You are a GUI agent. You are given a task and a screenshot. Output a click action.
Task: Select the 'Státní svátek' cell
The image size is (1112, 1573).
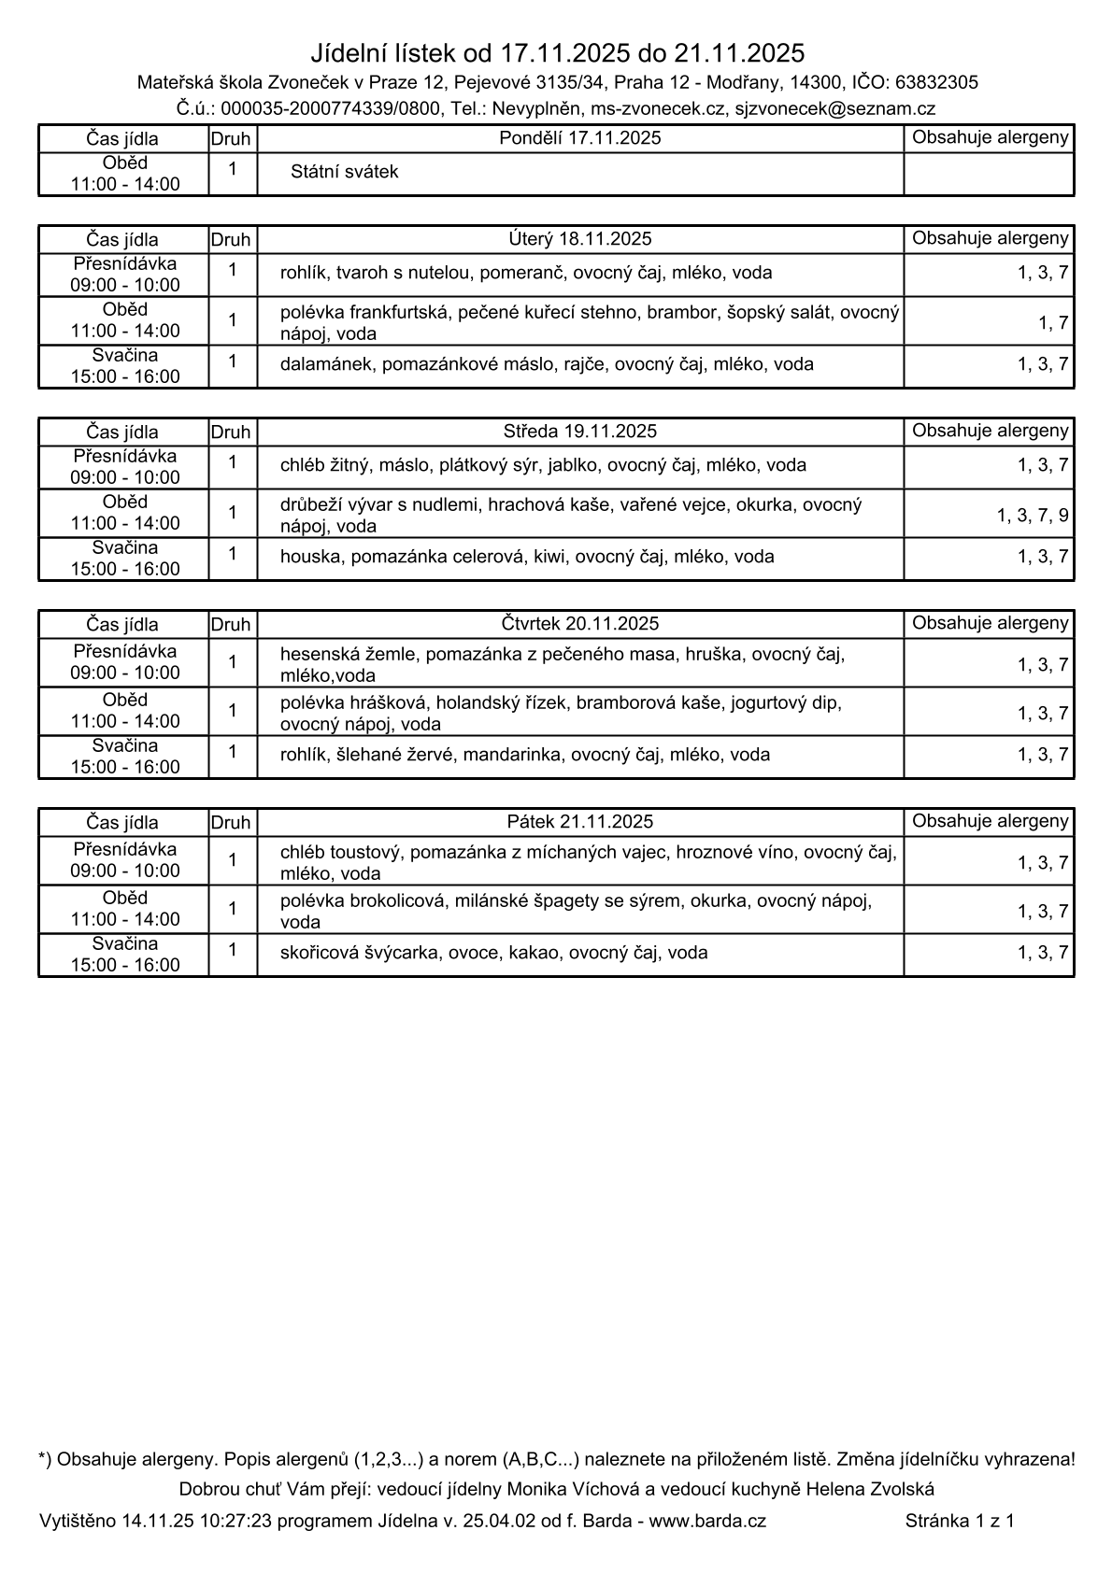[x=344, y=173]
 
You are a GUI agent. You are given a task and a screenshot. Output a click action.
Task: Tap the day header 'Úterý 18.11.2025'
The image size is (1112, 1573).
[x=580, y=239]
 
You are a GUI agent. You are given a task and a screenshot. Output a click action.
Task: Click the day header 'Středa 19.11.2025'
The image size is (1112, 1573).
[x=580, y=432]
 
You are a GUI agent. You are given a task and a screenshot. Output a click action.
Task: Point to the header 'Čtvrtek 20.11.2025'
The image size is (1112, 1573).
[x=580, y=624]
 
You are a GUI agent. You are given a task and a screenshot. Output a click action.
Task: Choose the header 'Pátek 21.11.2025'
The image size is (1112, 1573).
[x=580, y=822]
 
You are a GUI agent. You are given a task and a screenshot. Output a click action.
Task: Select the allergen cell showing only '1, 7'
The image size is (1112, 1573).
[x=1053, y=323]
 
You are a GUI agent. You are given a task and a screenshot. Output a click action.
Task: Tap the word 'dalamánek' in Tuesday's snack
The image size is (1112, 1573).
[x=326, y=364]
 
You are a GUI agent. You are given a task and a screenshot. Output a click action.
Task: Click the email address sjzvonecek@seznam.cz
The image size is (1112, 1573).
[x=834, y=109]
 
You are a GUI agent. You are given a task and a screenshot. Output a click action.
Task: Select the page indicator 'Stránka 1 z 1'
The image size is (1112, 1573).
[x=960, y=1521]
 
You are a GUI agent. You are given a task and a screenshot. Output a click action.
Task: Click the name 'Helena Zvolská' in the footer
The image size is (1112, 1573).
[x=870, y=1489]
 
